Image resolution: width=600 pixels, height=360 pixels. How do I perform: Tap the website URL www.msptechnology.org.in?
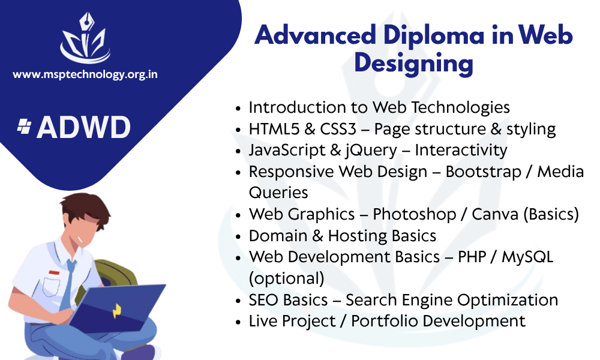[x=85, y=74]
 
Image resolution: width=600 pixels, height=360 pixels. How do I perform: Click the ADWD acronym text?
[x=84, y=127]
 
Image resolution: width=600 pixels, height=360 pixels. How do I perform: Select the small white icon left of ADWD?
[x=25, y=127]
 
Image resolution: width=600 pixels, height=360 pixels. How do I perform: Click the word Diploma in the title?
[x=434, y=35]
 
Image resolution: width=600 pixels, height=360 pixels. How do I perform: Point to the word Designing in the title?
[x=413, y=64]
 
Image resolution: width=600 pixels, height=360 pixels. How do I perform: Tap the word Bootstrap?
[x=483, y=172]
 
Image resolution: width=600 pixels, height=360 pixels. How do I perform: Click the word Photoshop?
[x=415, y=214]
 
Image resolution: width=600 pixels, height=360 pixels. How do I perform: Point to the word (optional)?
[x=287, y=278]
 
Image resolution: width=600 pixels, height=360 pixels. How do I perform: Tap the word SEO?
[x=263, y=300]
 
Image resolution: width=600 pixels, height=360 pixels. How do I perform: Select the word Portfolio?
[x=385, y=321]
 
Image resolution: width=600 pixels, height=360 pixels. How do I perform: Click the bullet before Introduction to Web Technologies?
[x=238, y=109]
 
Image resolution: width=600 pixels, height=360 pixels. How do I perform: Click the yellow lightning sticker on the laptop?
[x=117, y=311]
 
